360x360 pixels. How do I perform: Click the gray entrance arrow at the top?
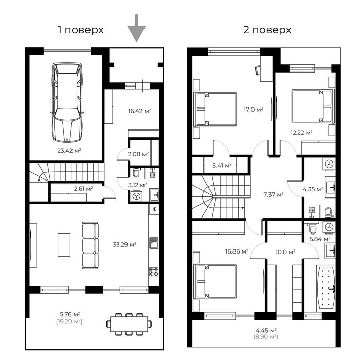coord(136,28)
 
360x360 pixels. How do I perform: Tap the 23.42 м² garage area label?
coord(68,151)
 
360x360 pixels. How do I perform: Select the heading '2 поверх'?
coord(267,30)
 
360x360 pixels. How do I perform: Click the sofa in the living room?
coord(90,245)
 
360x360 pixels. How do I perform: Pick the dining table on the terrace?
coord(130,323)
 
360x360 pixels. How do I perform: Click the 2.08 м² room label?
coord(138,153)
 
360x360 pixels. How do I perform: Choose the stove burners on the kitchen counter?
coord(153,271)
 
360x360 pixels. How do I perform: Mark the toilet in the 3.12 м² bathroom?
coord(136,173)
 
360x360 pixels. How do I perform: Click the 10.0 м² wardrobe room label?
coord(284,252)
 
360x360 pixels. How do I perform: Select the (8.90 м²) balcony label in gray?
coord(267,337)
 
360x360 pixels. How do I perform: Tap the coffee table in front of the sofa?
coord(64,245)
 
